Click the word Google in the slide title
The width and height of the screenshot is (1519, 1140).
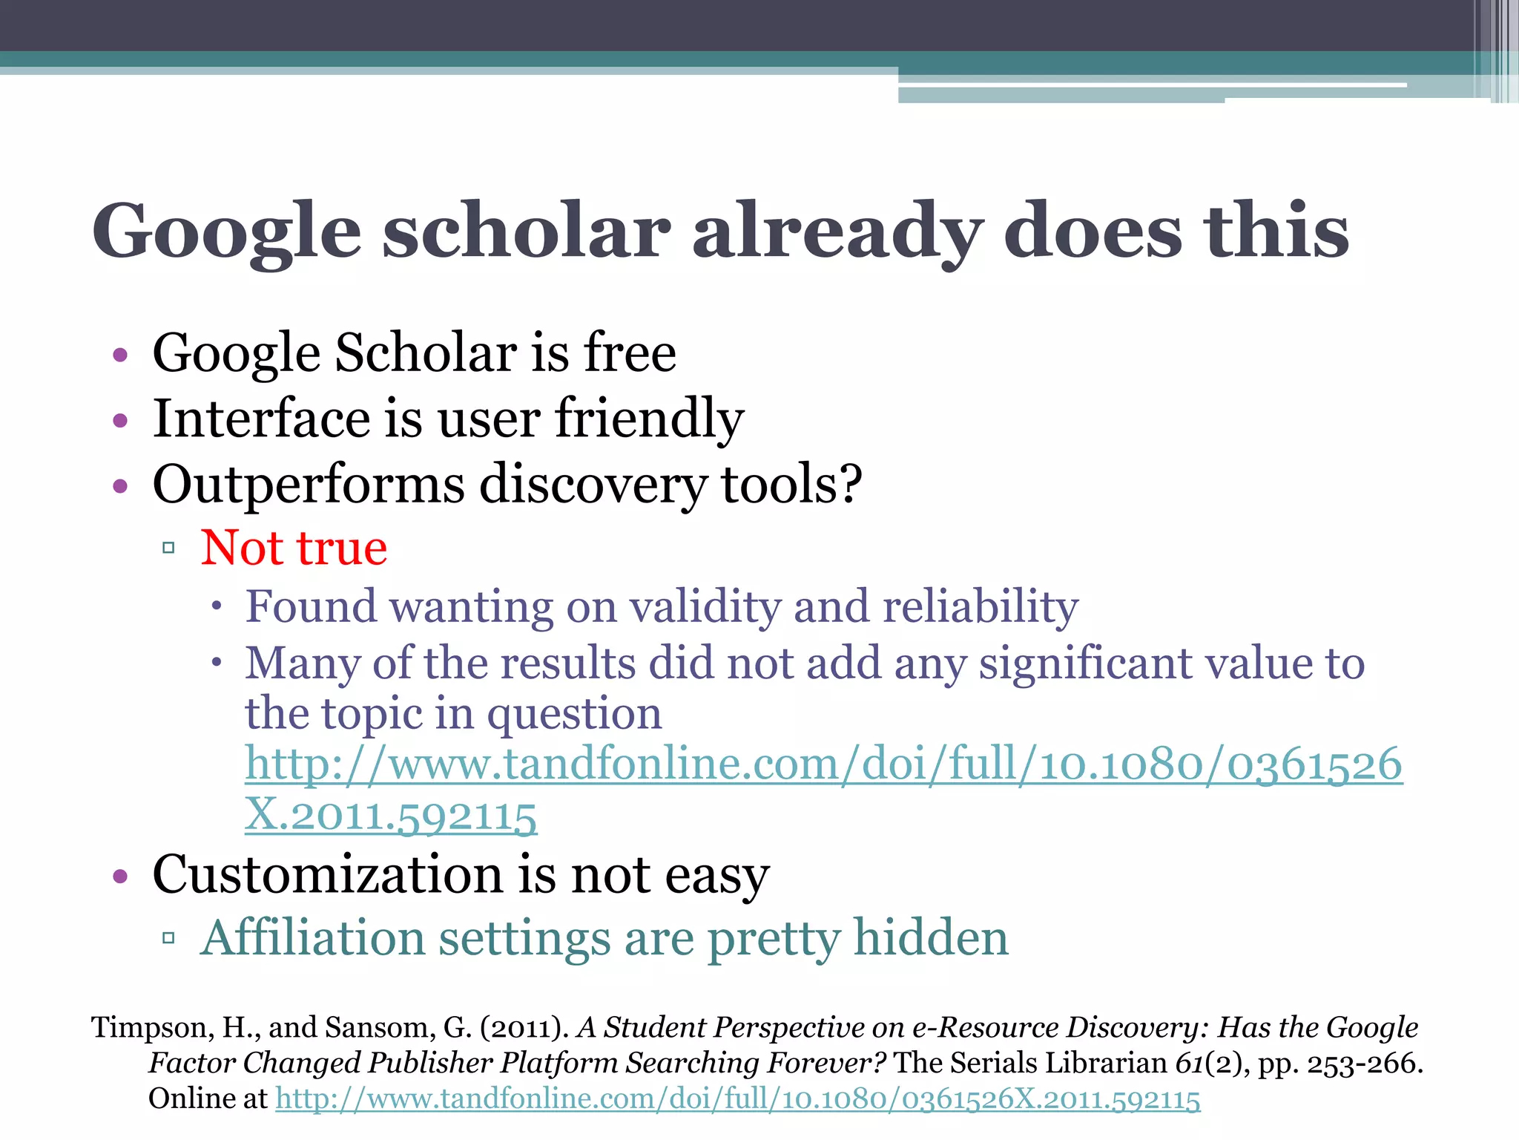[x=226, y=232]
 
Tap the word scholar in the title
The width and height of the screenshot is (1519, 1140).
[x=527, y=232]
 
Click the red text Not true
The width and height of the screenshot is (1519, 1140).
[x=294, y=548]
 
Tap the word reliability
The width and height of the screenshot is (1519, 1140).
[x=980, y=607]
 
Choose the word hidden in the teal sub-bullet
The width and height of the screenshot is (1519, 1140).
[x=930, y=937]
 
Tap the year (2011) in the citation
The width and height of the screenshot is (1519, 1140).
[x=524, y=1028]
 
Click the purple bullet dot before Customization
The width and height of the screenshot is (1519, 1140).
[x=120, y=877]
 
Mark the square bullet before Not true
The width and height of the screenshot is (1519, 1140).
[x=168, y=548]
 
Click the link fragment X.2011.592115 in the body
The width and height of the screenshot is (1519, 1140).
[x=391, y=816]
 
